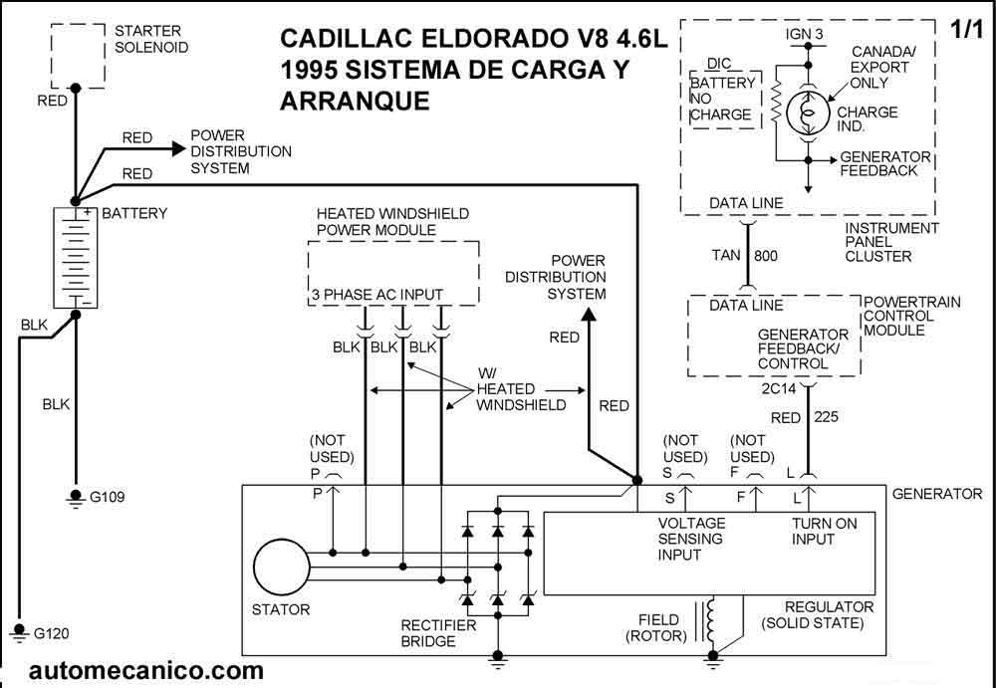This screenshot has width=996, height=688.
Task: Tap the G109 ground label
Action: click(109, 497)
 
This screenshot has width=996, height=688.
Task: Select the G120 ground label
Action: click(52, 633)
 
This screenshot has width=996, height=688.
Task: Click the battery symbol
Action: click(76, 257)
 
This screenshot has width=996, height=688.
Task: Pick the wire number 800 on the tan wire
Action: click(765, 256)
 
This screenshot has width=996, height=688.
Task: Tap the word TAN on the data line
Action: click(726, 256)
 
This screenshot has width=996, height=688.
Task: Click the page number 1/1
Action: click(966, 30)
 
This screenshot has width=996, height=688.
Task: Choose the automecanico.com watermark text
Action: click(146, 671)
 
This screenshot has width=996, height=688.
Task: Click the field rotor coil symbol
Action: click(712, 620)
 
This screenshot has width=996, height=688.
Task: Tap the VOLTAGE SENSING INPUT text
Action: click(691, 539)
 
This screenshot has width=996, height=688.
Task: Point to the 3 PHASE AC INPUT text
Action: click(377, 295)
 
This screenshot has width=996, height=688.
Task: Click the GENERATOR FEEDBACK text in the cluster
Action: click(885, 163)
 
